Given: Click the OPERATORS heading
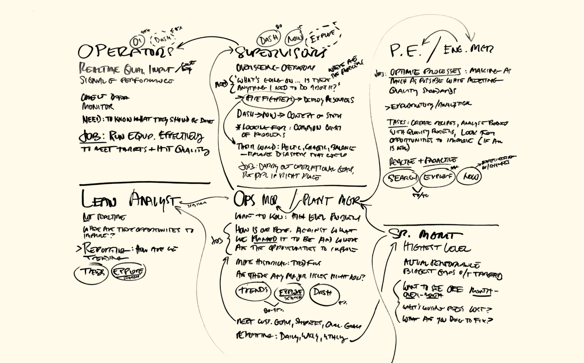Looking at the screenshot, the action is click(x=125, y=51).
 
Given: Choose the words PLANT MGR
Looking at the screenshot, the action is click(x=330, y=200).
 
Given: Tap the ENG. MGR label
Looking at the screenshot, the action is click(x=468, y=49).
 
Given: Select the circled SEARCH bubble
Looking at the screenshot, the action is click(x=401, y=178).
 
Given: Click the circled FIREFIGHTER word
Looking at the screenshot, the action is click(x=265, y=99).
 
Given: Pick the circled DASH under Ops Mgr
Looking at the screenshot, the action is click(x=325, y=293).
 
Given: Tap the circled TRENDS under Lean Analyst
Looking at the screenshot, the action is click(x=91, y=273).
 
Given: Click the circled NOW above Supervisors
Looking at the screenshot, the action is click(x=295, y=38).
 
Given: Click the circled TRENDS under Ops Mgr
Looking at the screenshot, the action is click(x=253, y=291).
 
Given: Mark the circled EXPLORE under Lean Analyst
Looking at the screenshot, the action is click(x=129, y=272).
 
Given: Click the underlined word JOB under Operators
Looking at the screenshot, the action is click(x=91, y=136).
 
